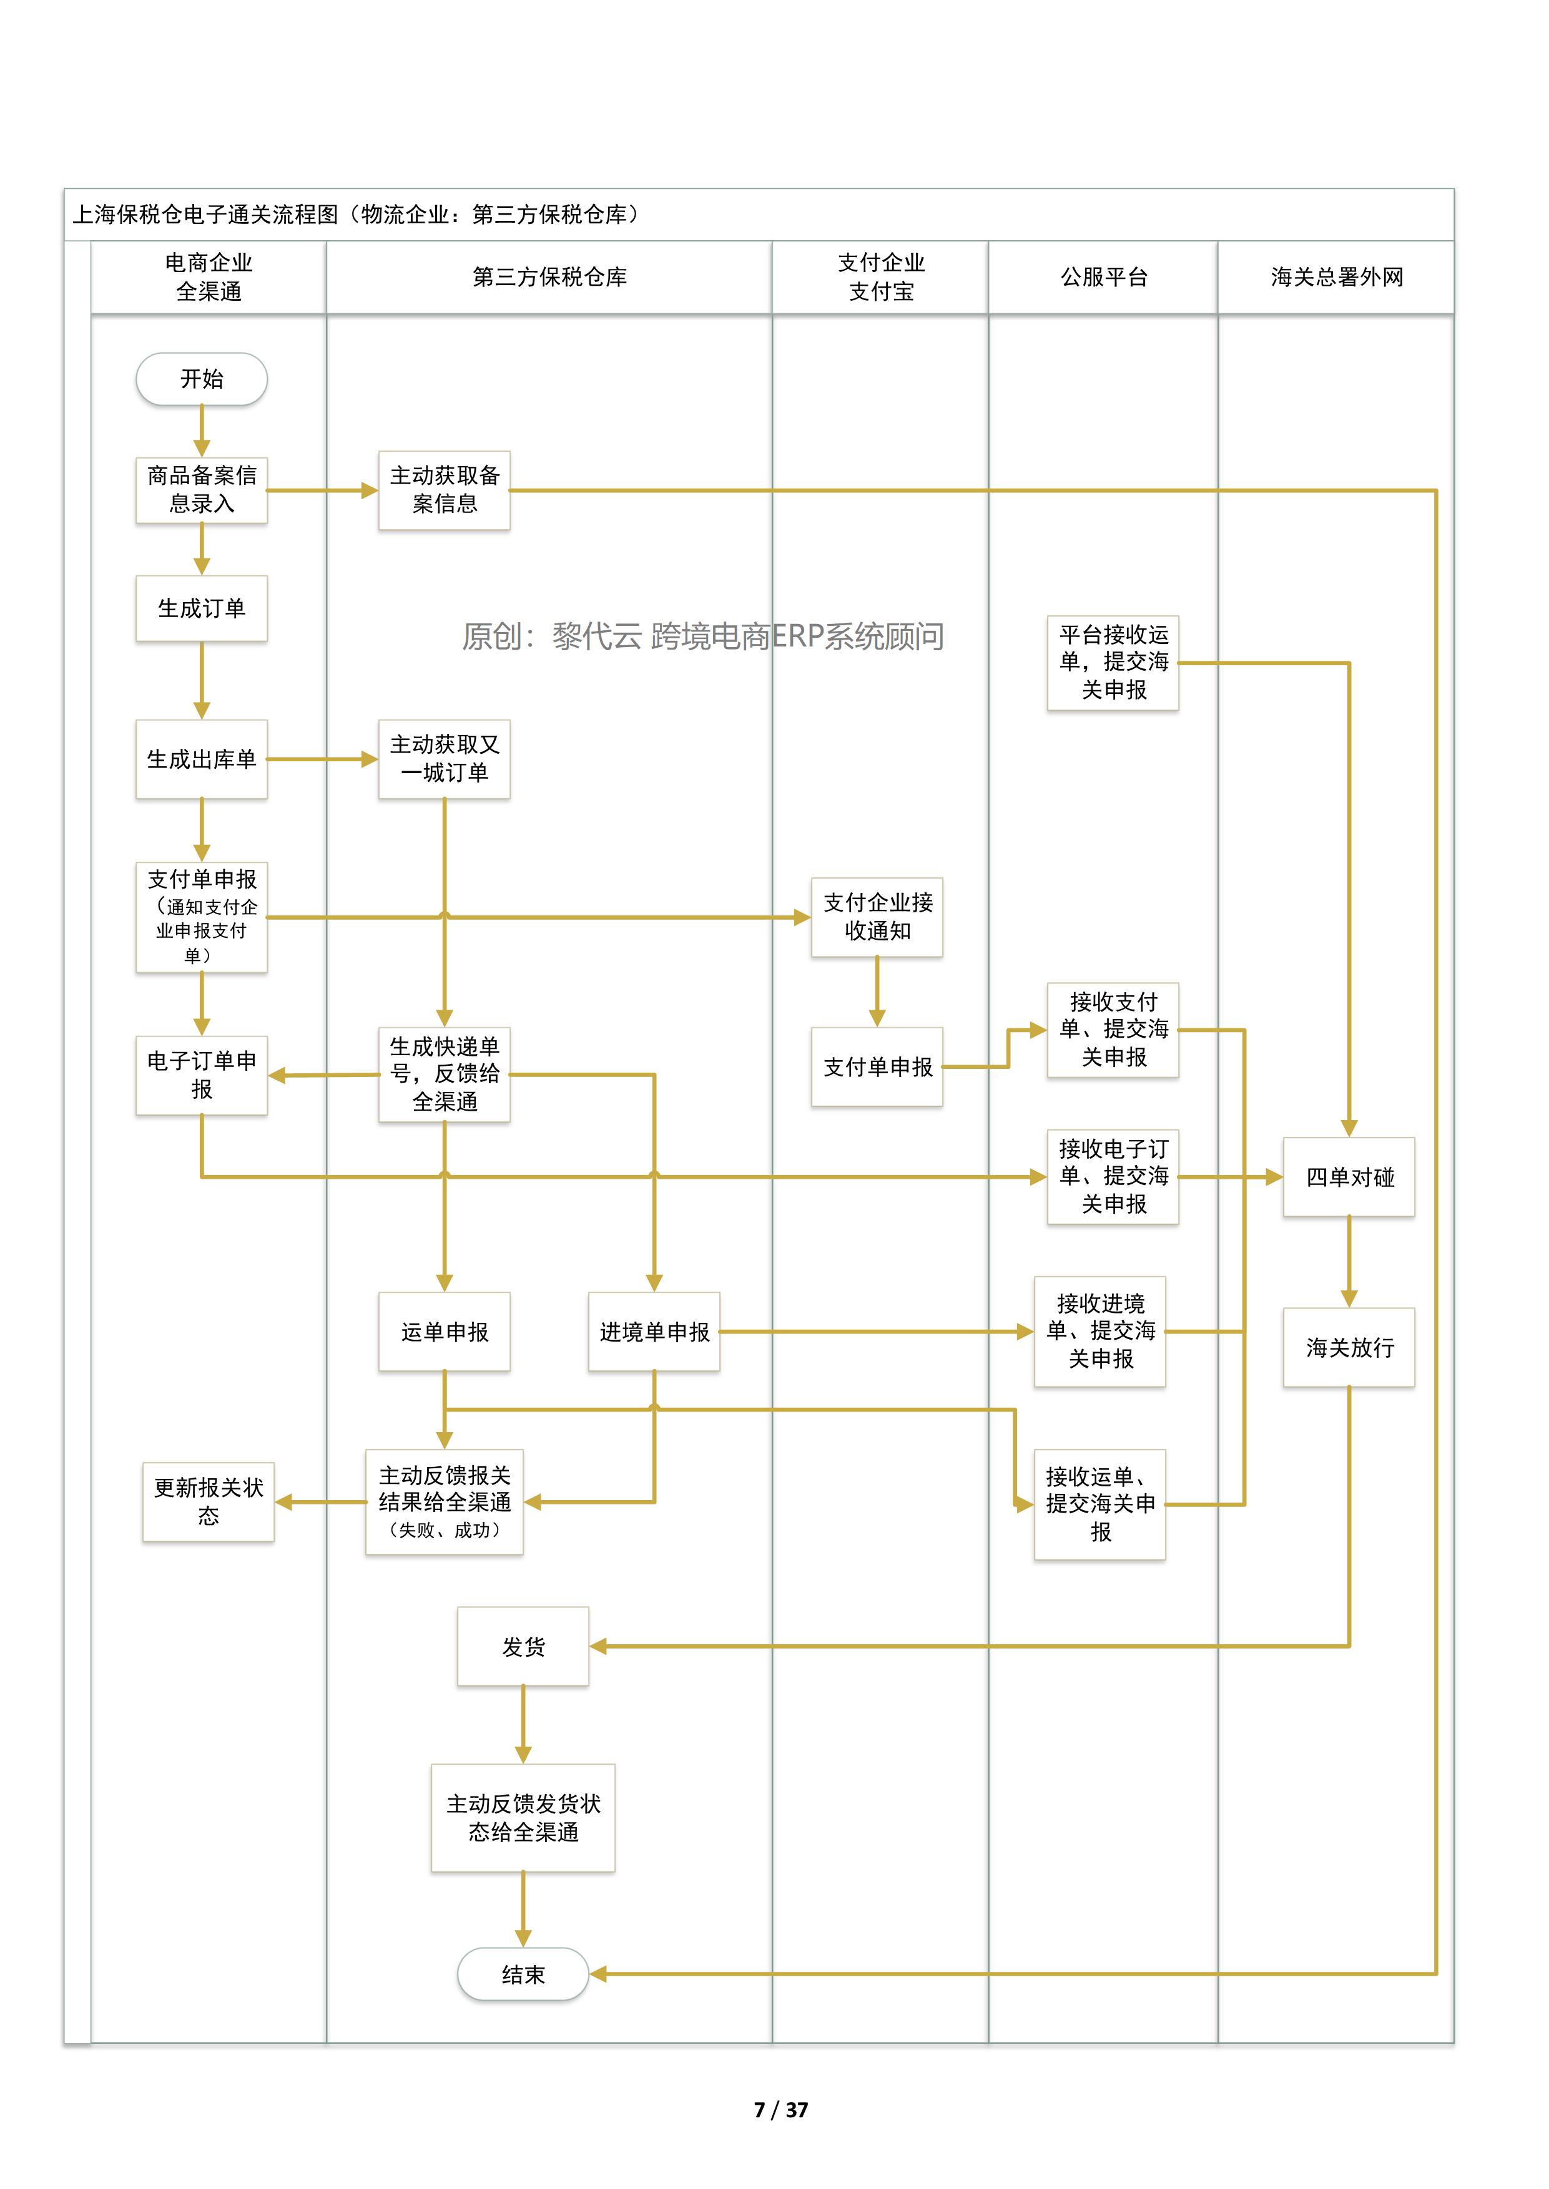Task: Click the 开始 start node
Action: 201,379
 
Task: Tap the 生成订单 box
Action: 201,608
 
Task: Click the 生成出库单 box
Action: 201,759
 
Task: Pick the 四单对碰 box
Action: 1349,1177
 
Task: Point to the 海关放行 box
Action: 1349,1347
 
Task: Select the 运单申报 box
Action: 445,1332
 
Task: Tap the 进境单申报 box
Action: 654,1332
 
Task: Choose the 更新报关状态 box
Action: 208,1501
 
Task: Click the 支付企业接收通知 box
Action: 877,917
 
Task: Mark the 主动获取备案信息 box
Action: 445,490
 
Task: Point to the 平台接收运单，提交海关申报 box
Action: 1113,663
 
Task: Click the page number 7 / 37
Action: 780,2110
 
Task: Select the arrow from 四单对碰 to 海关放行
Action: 1349,1261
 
